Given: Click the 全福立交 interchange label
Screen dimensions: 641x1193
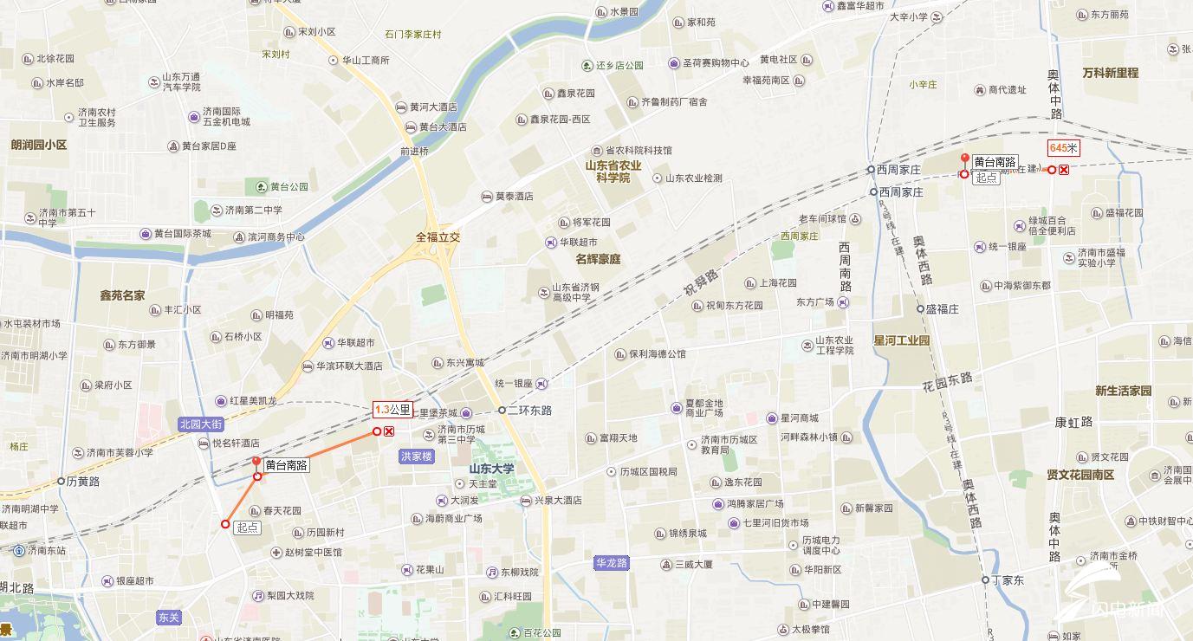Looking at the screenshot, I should click(438, 236).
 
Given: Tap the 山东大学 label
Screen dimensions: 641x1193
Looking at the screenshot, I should click(491, 469).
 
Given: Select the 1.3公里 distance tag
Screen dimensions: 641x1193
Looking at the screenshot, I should click(392, 410).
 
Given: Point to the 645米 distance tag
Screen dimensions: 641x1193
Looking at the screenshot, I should click(1063, 148).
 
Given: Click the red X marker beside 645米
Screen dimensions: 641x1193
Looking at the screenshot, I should click(1064, 170).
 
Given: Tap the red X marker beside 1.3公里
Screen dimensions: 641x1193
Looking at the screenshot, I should click(389, 431).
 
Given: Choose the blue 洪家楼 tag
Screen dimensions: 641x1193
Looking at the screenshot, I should click(416, 456).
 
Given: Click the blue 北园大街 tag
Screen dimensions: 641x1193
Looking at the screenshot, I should click(202, 424).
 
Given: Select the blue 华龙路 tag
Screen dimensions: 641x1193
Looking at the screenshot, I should click(611, 563).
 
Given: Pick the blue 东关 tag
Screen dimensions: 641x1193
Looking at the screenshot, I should click(169, 618).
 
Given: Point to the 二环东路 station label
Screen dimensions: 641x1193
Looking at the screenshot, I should click(528, 410).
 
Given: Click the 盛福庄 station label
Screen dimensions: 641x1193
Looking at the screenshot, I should click(942, 308).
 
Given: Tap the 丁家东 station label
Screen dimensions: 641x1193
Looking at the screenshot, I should click(1008, 580).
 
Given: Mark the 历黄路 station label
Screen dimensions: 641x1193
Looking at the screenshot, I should click(83, 481).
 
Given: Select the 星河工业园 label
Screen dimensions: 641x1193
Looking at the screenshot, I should click(901, 340).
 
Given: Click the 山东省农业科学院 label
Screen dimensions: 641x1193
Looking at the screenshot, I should click(613, 172).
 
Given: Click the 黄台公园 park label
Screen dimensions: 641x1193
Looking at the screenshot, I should click(289, 186).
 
